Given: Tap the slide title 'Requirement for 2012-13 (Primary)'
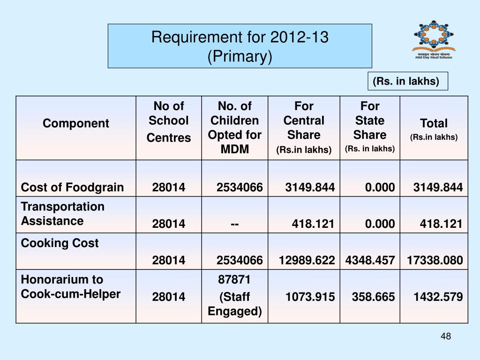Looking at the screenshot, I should point(240,46).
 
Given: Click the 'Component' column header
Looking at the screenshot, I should point(76,123).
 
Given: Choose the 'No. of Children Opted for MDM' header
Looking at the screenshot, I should point(234,127).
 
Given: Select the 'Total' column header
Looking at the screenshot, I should point(434,127).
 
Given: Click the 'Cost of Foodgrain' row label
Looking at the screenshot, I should point(72,187).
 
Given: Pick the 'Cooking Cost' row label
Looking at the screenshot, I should point(60,243).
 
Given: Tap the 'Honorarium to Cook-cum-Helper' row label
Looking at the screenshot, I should point(71,287).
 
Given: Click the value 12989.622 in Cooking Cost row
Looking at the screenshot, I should point(307,260).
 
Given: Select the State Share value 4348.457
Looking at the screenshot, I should point(370,260).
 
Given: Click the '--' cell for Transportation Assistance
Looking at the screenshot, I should point(234,224).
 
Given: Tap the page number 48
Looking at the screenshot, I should point(446,336).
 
